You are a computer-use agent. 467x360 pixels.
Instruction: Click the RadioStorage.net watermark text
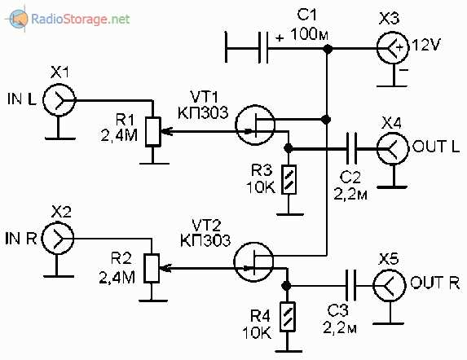click(81, 19)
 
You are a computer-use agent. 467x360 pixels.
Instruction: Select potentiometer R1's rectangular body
click(153, 131)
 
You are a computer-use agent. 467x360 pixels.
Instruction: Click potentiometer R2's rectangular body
click(152, 268)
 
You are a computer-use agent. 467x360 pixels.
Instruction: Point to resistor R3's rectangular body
click(289, 180)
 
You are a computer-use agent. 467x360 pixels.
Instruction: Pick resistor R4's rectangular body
click(288, 317)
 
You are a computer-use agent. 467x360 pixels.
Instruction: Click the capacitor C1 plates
click(263, 47)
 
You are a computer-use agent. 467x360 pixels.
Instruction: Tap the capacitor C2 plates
click(351, 148)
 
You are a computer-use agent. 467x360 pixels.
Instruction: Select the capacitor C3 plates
click(350, 285)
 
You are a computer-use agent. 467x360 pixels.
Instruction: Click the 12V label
click(426, 46)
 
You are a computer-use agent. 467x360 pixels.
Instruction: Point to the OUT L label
click(436, 147)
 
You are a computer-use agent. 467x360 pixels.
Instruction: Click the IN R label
click(21, 239)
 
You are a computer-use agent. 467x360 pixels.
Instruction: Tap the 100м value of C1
click(310, 34)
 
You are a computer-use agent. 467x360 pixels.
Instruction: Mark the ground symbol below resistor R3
click(289, 214)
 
